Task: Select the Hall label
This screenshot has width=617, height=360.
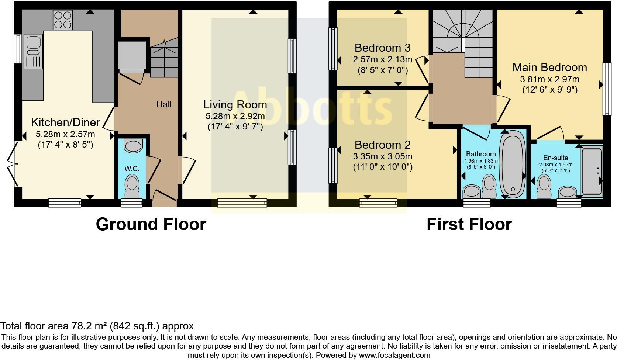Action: click(x=164, y=104)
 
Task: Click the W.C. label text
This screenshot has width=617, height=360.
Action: click(x=132, y=169)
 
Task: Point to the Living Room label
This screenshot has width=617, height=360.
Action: click(x=235, y=105)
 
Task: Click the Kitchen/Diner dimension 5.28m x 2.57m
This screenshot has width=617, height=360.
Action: click(x=65, y=134)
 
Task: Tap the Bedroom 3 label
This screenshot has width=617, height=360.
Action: click(x=382, y=48)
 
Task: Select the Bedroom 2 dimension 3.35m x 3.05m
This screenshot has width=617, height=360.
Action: click(x=383, y=156)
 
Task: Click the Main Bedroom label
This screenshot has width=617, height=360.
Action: click(x=549, y=67)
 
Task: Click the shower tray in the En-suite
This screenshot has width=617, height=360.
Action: click(x=592, y=170)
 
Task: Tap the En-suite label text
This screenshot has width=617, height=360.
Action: click(x=555, y=158)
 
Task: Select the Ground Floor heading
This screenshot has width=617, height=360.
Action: click(x=151, y=224)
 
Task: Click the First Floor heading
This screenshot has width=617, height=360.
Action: click(x=469, y=224)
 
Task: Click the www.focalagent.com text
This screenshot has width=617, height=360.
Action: click(x=394, y=356)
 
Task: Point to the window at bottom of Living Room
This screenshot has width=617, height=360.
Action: click(x=242, y=202)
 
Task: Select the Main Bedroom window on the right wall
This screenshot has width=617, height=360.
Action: click(x=606, y=89)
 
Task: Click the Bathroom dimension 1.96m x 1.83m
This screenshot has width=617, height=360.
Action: click(x=481, y=161)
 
